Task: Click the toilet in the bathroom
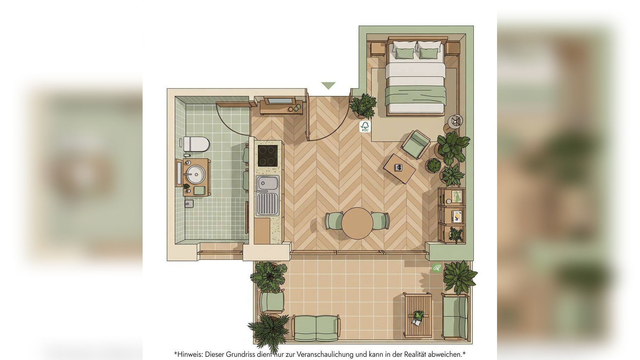click(x=196, y=144)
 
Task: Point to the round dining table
click(x=357, y=223)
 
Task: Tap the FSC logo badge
click(x=365, y=126)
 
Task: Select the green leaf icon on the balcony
click(x=436, y=268)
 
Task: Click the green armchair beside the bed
click(x=416, y=144)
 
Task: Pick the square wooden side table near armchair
click(x=399, y=169)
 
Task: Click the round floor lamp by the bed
click(x=455, y=121)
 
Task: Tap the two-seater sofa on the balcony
click(x=316, y=327)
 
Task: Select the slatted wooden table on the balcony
click(x=418, y=315)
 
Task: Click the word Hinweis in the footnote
click(x=190, y=354)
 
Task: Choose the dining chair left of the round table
click(x=334, y=221)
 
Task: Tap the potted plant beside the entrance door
click(x=363, y=106)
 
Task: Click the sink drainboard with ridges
click(x=267, y=204)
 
